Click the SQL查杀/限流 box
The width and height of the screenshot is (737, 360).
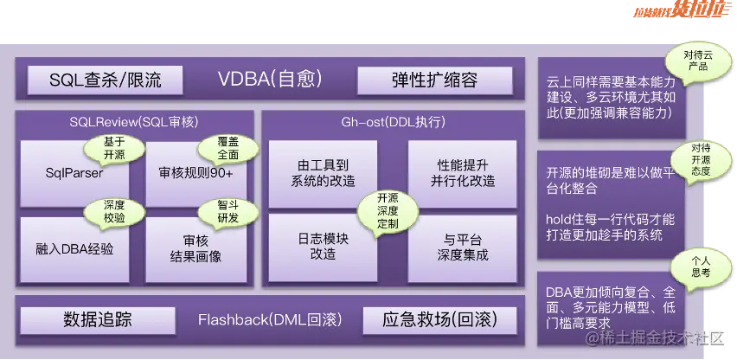[106, 80]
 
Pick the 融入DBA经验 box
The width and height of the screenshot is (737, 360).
[74, 248]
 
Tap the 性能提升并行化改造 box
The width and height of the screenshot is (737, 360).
[459, 173]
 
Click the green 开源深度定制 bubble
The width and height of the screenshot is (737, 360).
[388, 209]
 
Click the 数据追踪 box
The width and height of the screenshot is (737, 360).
[97, 318]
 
